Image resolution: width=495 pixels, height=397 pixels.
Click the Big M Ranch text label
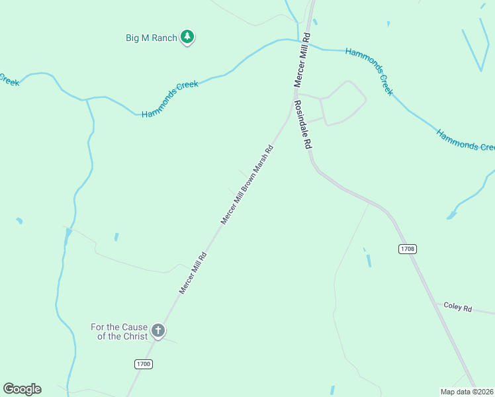point(152,38)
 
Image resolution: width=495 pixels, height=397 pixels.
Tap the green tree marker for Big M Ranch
point(188,37)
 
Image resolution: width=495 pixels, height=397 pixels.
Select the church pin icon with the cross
point(158,330)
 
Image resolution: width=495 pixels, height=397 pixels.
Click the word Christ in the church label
point(125,336)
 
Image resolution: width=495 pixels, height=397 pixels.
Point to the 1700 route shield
point(144,364)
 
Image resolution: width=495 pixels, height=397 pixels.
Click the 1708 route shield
point(408,249)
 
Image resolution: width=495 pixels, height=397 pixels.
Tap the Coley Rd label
point(457,308)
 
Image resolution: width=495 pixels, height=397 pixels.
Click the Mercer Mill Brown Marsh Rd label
point(247,185)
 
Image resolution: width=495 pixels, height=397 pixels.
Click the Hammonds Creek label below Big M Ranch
point(170,100)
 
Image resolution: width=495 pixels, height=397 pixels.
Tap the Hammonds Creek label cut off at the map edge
point(465,140)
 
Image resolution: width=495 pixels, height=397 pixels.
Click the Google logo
point(22,389)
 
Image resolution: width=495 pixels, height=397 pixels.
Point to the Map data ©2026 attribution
point(467,391)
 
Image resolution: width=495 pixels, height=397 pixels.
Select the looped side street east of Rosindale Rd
point(343,103)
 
